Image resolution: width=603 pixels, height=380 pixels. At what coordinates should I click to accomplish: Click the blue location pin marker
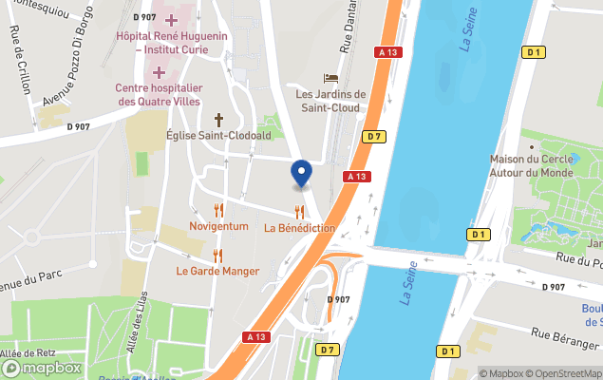click(x=301, y=173)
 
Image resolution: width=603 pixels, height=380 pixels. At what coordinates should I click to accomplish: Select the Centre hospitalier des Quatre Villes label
click(x=159, y=95)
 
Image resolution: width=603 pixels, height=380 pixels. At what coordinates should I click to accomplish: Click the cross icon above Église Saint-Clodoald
click(x=218, y=120)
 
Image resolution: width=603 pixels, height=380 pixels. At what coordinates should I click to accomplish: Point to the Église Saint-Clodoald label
click(x=218, y=136)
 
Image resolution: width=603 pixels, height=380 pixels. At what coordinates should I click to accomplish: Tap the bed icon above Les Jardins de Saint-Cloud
click(x=330, y=78)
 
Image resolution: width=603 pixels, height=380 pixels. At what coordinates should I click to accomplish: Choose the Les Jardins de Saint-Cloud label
click(x=330, y=101)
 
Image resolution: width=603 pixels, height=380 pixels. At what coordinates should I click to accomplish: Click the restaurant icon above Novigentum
click(x=218, y=210)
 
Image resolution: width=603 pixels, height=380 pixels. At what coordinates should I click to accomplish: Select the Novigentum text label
click(x=218, y=226)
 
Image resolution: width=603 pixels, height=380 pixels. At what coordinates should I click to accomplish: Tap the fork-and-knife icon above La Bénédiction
click(x=299, y=212)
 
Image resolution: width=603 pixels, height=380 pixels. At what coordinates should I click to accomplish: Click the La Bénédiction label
click(x=299, y=228)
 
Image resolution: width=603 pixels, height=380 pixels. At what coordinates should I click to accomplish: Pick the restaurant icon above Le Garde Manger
click(x=217, y=255)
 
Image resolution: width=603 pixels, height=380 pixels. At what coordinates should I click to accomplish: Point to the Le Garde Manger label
click(x=217, y=271)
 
